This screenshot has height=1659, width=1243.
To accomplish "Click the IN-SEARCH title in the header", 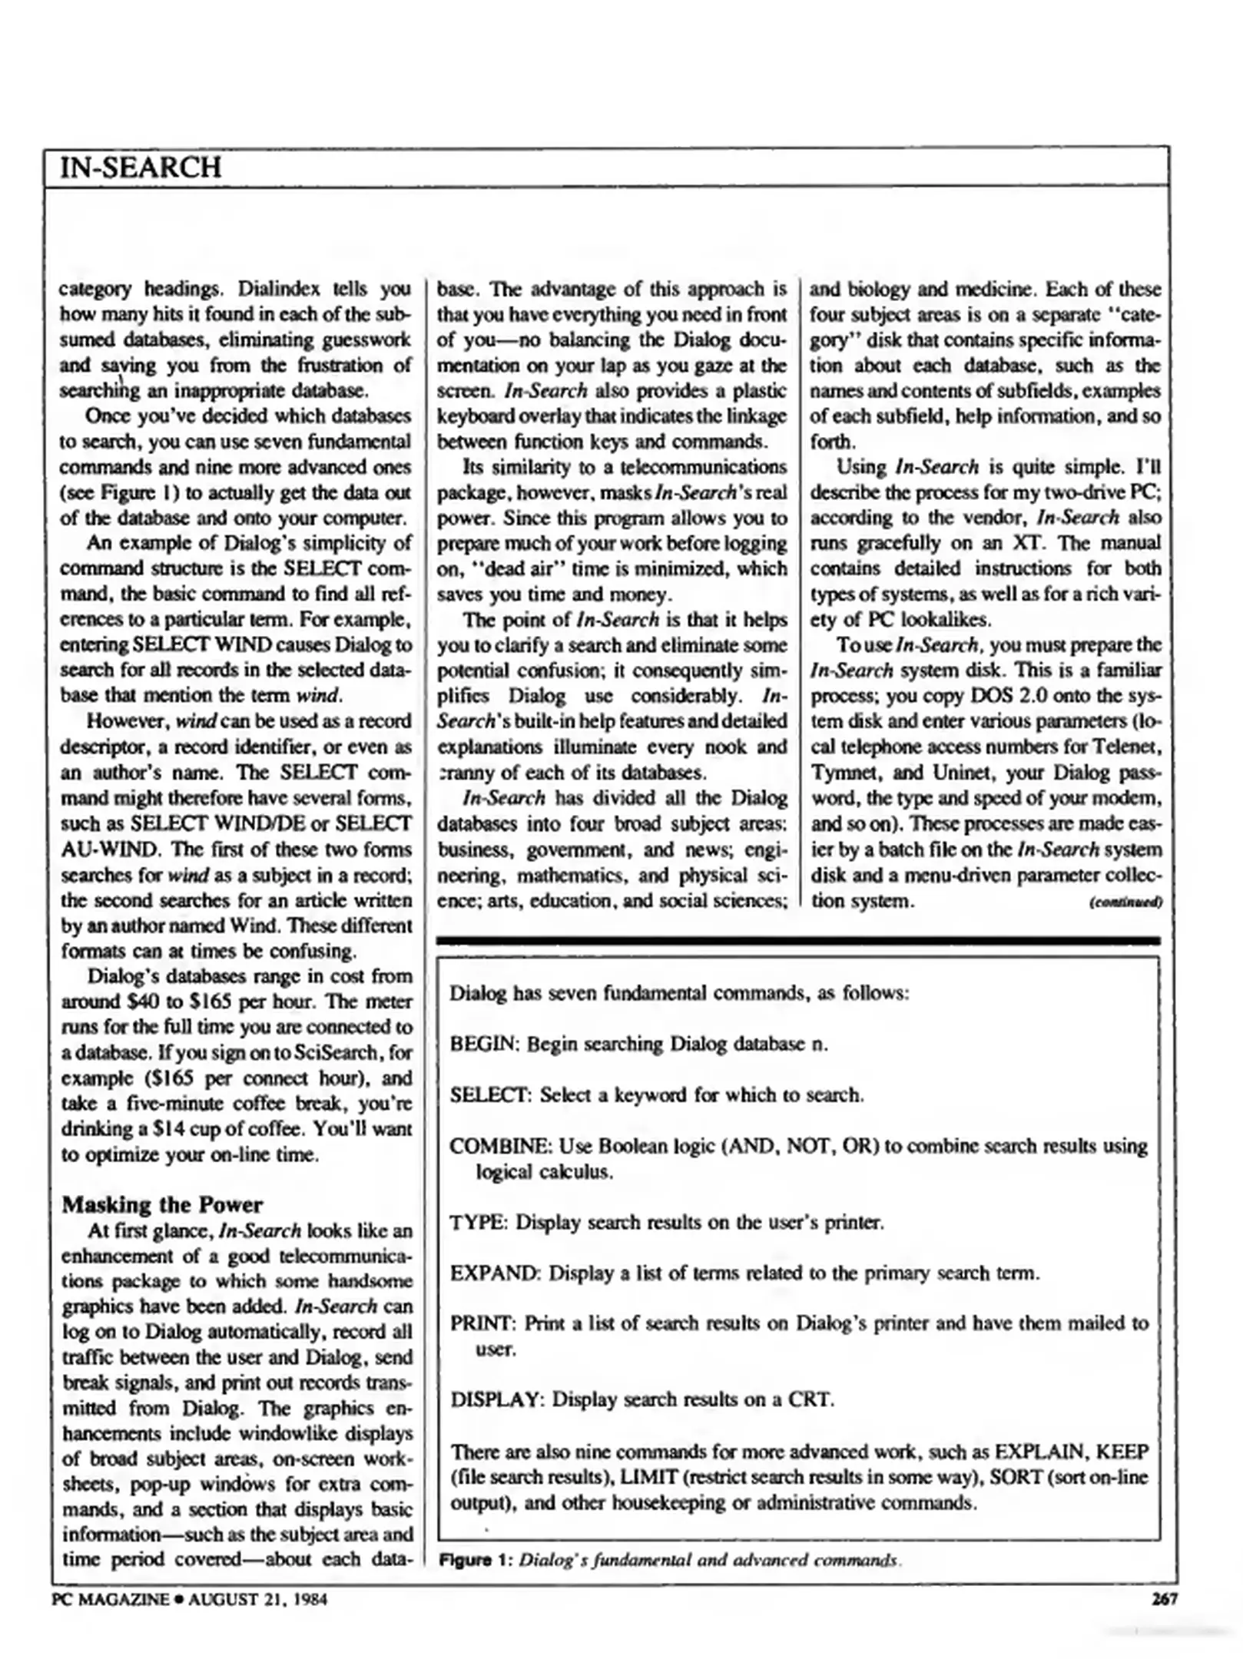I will pos(141,167).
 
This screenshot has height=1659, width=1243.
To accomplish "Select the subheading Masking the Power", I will pos(162,1204).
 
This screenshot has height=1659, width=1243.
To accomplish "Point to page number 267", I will pos(1165,1599).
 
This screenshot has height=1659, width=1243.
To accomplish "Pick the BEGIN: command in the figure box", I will pos(485,1044).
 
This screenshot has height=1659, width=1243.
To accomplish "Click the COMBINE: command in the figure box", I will pos(500,1146).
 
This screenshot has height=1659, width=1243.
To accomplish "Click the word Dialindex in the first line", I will pos(276,290).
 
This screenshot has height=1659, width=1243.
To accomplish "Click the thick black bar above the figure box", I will pos(798,940).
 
